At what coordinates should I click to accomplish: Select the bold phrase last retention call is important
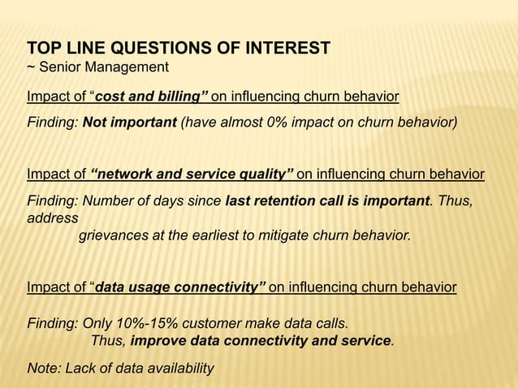326,200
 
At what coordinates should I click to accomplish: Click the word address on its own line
53,219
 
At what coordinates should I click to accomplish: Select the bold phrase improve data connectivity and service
261,341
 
